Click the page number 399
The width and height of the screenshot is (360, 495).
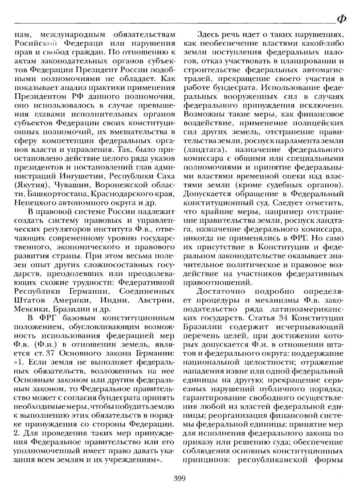point(179,478)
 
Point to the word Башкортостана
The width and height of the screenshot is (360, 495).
point(52,194)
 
